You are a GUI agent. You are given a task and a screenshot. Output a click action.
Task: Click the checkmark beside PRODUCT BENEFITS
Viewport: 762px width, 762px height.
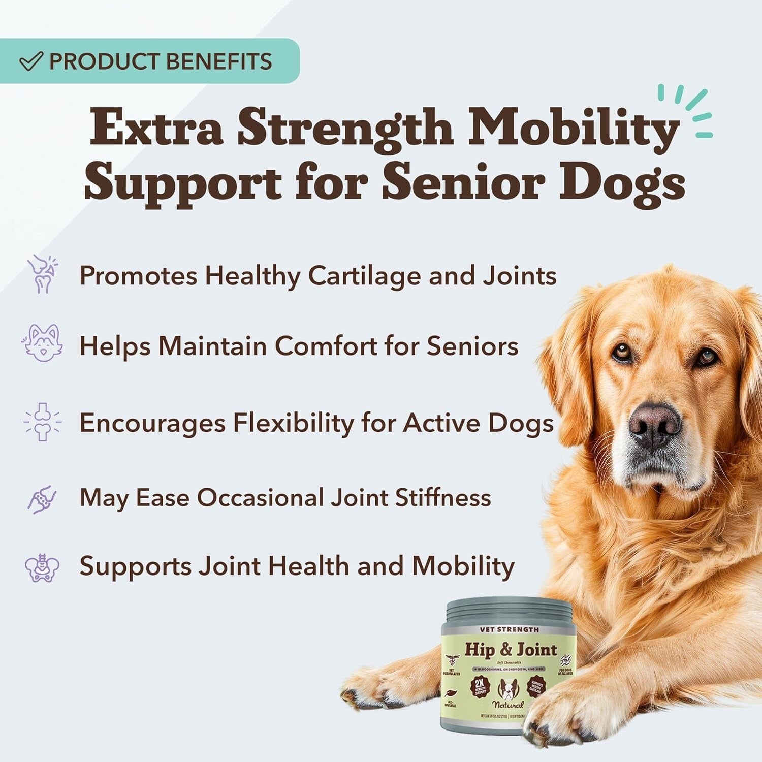click(x=30, y=62)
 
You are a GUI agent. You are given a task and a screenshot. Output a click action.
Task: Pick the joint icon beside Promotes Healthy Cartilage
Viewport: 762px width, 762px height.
click(x=42, y=274)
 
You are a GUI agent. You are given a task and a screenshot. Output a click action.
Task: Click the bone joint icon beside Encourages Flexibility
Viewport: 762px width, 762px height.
click(x=42, y=422)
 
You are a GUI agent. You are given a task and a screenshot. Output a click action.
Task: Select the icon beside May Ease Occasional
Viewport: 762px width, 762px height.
click(x=42, y=498)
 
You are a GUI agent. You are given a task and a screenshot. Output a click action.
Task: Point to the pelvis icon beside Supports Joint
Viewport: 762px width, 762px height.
click(x=42, y=567)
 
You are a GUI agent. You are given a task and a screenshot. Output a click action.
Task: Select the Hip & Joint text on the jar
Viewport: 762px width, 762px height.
click(x=511, y=650)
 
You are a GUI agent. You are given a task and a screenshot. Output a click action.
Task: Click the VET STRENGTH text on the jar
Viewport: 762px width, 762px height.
click(x=509, y=629)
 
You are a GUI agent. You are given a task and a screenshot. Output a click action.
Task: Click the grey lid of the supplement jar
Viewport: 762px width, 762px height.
click(x=509, y=610)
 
